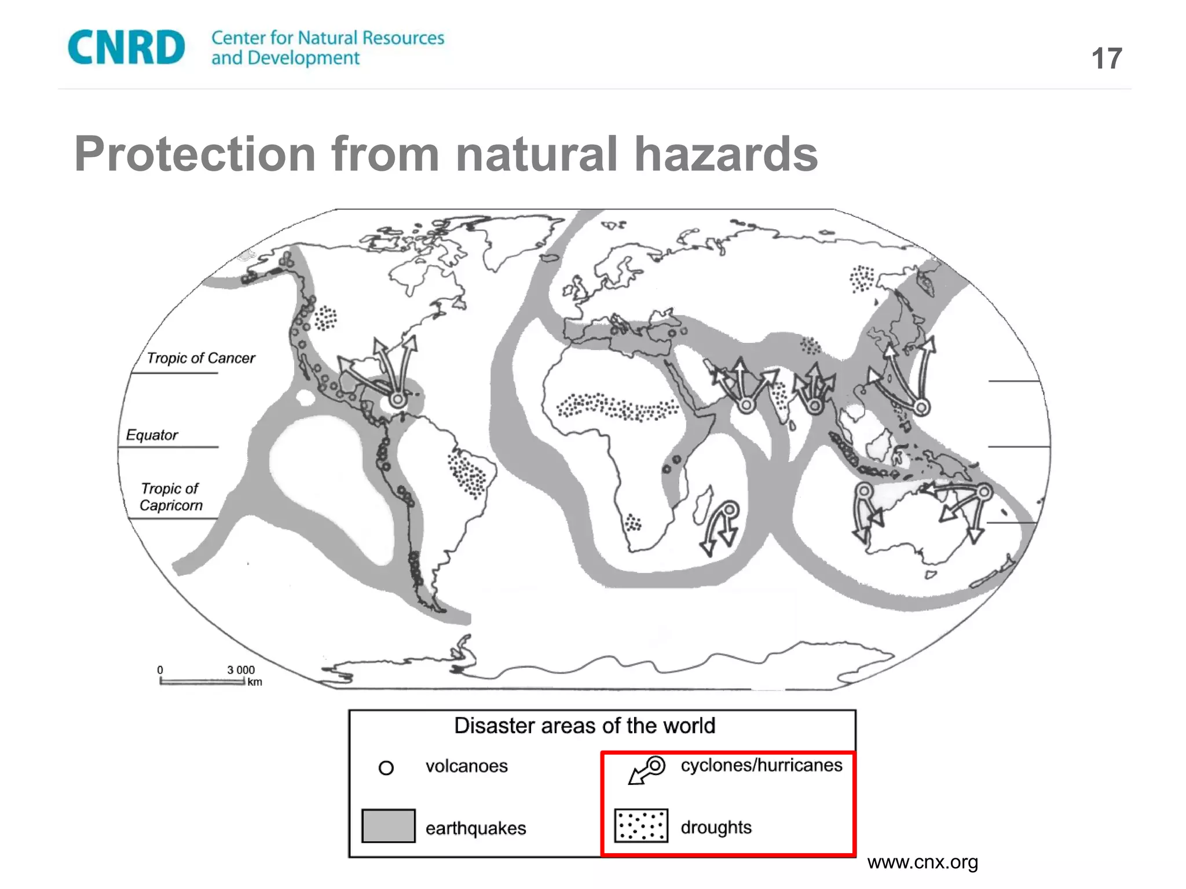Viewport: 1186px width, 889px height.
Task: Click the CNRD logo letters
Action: pos(126,47)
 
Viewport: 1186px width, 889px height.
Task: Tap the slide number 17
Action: pos(1106,59)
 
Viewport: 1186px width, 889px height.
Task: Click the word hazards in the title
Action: pos(726,154)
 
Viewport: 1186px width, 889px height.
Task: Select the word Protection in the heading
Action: pos(195,154)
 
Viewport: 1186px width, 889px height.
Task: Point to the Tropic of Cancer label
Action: pos(200,358)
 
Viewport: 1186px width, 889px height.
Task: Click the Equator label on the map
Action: pos(152,435)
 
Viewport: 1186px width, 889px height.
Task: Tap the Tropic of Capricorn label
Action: pos(171,497)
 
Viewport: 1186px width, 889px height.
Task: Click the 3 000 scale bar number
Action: pos(240,670)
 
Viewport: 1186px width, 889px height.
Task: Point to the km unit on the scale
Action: pos(255,682)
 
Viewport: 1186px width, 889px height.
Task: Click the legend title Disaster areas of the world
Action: pos(584,726)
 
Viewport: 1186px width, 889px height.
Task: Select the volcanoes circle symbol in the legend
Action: pos(386,768)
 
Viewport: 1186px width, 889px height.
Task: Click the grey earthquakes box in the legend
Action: pos(388,826)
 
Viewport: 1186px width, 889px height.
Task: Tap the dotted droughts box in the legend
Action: pos(641,826)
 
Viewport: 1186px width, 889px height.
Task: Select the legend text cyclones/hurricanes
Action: pos(761,765)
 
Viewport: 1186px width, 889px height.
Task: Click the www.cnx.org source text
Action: pos(923,862)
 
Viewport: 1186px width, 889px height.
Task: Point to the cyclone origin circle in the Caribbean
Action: pos(397,399)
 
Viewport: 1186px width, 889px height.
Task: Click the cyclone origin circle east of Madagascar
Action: pos(730,510)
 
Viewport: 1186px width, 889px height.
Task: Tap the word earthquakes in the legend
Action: pos(475,828)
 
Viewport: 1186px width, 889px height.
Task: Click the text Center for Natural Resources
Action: pos(328,38)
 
